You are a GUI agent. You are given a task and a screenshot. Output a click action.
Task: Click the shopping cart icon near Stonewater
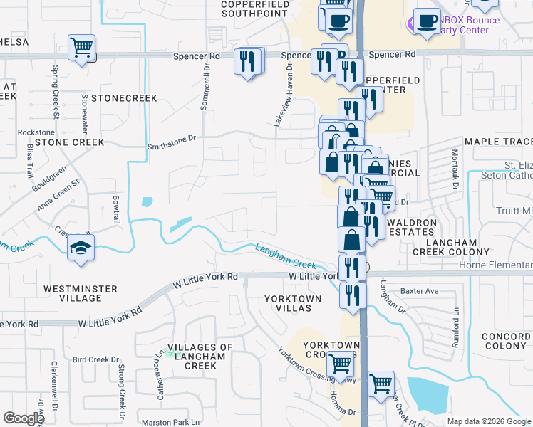(x=82, y=48)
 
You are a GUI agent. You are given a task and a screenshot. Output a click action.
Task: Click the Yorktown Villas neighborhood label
(x=288, y=302)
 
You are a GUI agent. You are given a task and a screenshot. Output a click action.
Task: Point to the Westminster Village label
(x=79, y=294)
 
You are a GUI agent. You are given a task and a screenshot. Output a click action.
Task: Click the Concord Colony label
(x=504, y=341)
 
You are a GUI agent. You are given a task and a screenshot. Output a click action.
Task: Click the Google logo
(x=24, y=418)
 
